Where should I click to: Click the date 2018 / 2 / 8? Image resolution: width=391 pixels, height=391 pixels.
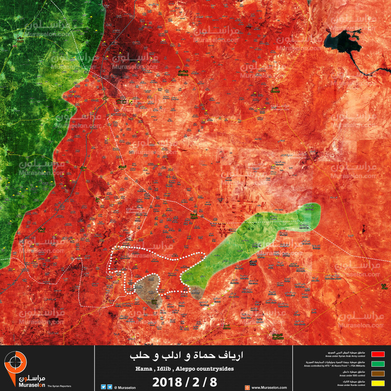coord(185,382)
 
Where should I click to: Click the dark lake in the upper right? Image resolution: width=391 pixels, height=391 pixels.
coord(340,41)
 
